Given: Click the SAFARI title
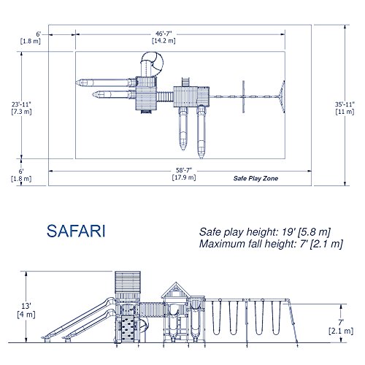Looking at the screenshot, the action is pyautogui.click(x=76, y=231).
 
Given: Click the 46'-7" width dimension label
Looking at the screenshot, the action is pyautogui.click(x=164, y=34).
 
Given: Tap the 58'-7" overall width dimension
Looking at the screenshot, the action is pyautogui.click(x=184, y=170).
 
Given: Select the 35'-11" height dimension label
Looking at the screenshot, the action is pyautogui.click(x=345, y=104).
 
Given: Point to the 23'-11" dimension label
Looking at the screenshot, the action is pyautogui.click(x=21, y=104).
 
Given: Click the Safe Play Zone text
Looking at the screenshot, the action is pyautogui.click(x=255, y=178).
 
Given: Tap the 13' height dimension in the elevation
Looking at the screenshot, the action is pyautogui.click(x=26, y=306).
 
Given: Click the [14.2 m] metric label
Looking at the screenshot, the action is pyautogui.click(x=164, y=41).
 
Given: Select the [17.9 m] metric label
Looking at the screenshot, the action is pyautogui.click(x=184, y=177).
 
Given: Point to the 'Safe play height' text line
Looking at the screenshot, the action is pyautogui.click(x=265, y=232).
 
